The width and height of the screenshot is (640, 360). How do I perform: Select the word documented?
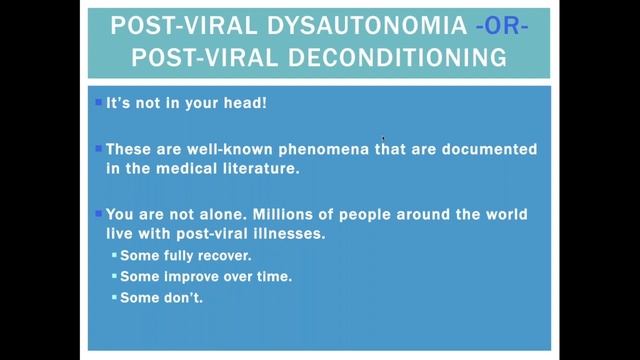489,149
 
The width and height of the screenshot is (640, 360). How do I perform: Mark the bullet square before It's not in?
98,102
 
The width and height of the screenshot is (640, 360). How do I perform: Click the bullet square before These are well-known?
98,148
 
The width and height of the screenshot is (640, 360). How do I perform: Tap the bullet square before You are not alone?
98,214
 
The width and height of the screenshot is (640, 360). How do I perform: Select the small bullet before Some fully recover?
114,256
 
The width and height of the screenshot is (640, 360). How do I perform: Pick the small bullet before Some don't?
114,297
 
